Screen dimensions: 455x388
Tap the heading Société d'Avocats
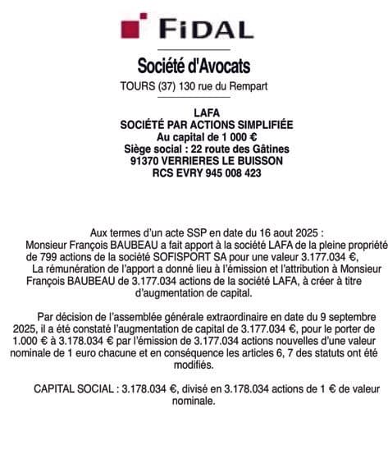point(194,65)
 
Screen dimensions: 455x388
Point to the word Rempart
point(247,86)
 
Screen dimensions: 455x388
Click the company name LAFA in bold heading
point(194,112)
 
